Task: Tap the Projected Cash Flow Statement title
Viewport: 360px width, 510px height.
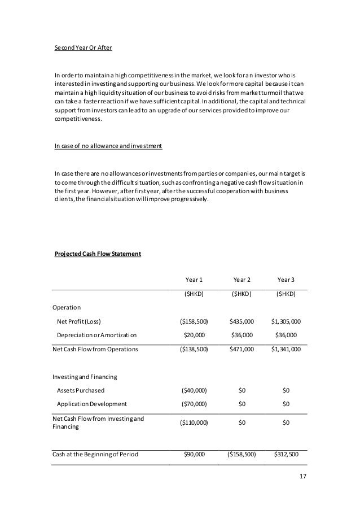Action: pos(98,254)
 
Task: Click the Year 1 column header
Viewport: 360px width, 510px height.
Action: pos(194,280)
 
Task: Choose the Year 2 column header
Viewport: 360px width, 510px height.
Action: pos(242,280)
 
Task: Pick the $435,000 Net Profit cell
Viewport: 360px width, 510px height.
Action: pos(242,321)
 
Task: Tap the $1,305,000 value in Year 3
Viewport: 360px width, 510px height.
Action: pos(286,321)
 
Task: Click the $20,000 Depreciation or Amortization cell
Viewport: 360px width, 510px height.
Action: pos(194,335)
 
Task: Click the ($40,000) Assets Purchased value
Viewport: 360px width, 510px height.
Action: pos(194,390)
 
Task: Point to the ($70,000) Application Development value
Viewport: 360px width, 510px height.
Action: pos(194,404)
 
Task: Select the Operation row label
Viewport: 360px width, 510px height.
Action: pos(67,307)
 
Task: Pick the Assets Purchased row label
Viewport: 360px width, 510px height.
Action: pos(81,390)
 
